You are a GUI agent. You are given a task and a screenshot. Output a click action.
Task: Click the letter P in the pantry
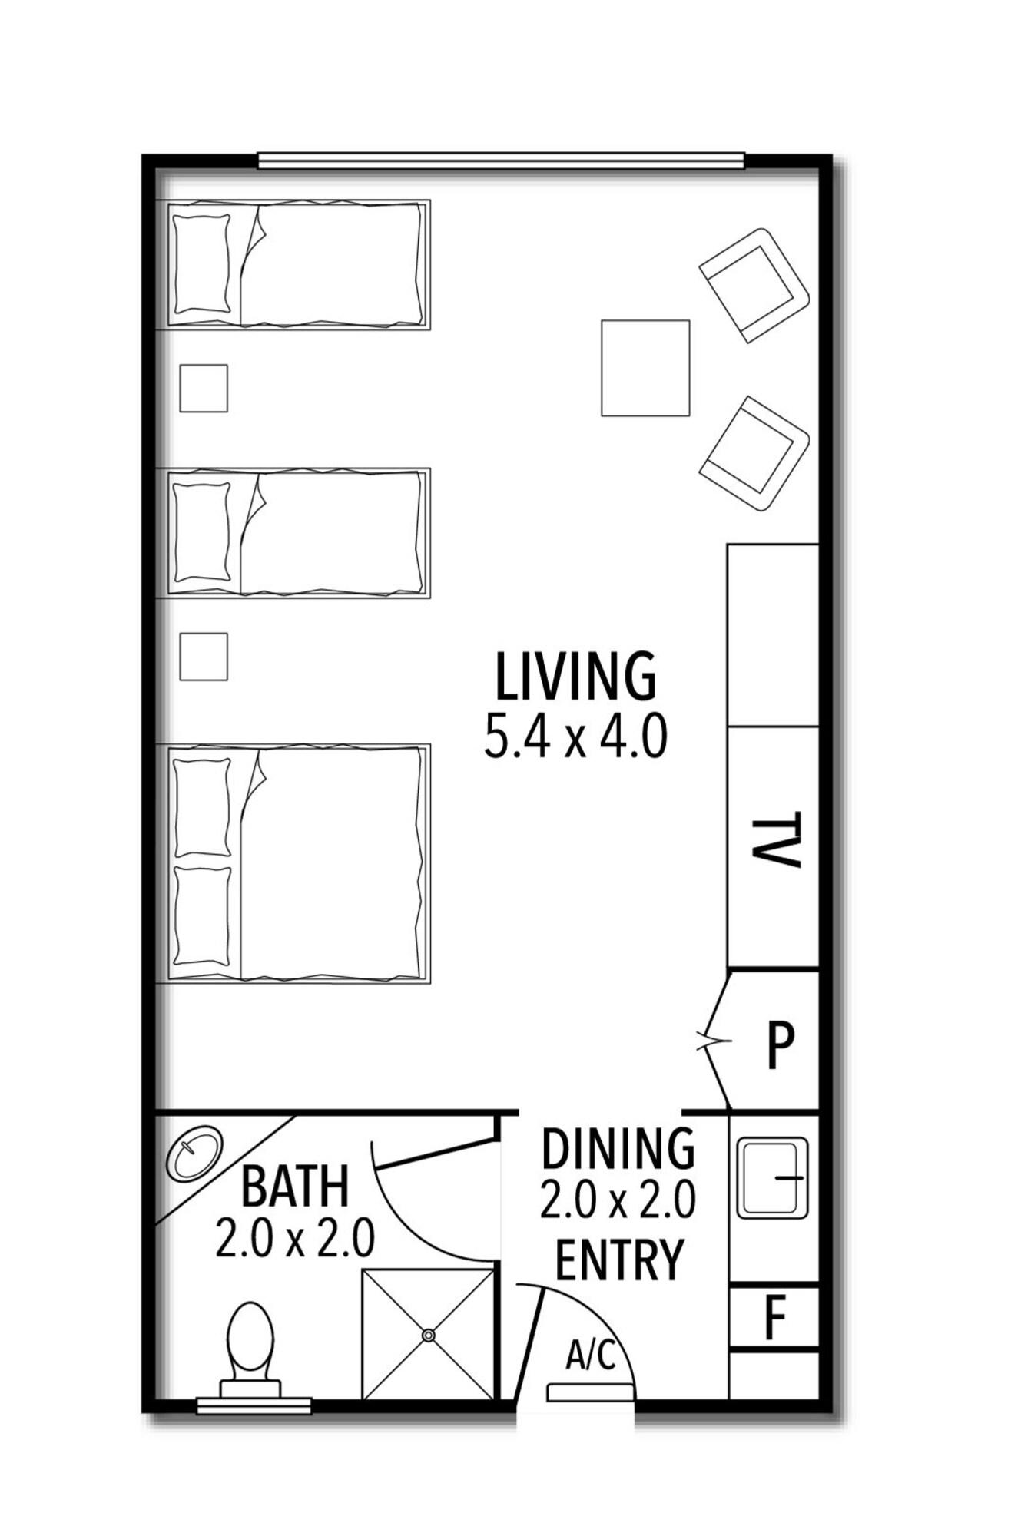pyautogui.click(x=781, y=1044)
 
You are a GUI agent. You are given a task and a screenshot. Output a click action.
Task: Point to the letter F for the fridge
pyautogui.click(x=776, y=1316)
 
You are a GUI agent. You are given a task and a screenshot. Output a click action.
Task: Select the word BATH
pyautogui.click(x=295, y=1186)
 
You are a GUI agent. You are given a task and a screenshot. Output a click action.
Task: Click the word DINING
pyautogui.click(x=618, y=1149)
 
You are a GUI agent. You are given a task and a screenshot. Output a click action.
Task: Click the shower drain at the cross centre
pyautogui.click(x=428, y=1336)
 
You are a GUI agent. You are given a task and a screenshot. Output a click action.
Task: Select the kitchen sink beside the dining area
pyautogui.click(x=773, y=1177)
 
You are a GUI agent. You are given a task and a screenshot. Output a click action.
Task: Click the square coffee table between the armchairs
pyautogui.click(x=645, y=368)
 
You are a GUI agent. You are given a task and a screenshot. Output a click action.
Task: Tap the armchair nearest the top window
pyautogui.click(x=754, y=284)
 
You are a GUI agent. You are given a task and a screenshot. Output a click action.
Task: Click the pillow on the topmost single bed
pyautogui.click(x=202, y=264)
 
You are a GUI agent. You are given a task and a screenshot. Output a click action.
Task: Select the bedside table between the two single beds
pyautogui.click(x=204, y=388)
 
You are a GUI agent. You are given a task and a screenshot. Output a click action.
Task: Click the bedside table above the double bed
pyautogui.click(x=204, y=657)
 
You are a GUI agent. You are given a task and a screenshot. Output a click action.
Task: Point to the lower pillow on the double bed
pyautogui.click(x=202, y=916)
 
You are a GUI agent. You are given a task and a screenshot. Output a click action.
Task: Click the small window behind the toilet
pyautogui.click(x=254, y=1406)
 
